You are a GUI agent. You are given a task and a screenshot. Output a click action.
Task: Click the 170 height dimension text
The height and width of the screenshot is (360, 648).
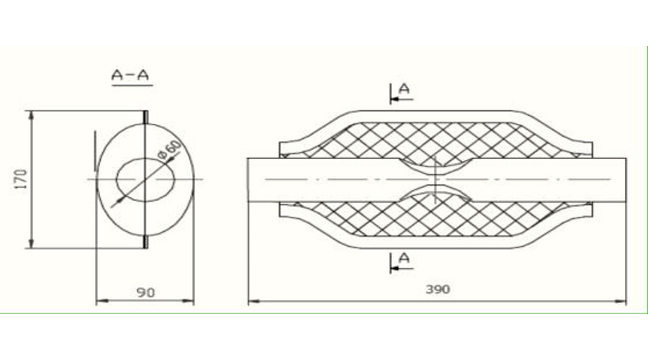coord(21,179)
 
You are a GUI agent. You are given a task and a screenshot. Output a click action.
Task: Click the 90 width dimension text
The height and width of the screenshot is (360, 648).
coord(145,292)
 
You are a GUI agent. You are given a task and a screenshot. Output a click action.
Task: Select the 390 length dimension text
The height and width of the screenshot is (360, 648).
coord(438,289)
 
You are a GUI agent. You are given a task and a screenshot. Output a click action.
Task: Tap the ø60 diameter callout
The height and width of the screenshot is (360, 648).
coord(170,149)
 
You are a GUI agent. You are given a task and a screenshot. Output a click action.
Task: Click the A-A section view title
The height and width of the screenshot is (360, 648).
coord(130,75)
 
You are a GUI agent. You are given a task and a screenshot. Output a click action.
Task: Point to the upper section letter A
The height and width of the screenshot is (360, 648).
coord(404,89)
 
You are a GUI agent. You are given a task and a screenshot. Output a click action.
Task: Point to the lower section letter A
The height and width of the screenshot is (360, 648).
coord(404,258)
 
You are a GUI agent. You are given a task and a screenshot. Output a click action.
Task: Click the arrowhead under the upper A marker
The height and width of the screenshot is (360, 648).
coord(395,99)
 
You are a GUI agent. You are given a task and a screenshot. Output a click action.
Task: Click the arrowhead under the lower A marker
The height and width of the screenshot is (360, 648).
coord(395,269)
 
